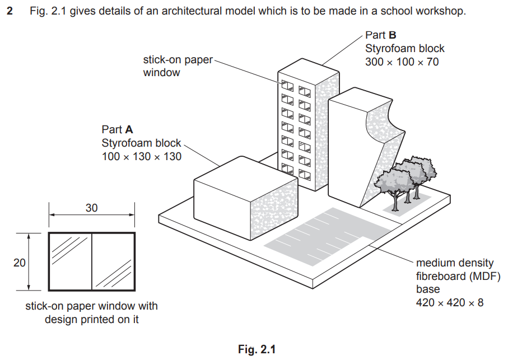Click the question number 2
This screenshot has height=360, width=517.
(10, 11)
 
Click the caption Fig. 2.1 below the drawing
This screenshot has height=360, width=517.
(257, 349)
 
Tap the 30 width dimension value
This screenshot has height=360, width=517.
(91, 208)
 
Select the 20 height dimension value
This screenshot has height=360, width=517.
(20, 262)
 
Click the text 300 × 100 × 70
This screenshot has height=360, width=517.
(402, 62)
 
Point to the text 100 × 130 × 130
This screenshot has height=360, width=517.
(142, 157)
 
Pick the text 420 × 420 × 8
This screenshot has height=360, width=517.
(449, 303)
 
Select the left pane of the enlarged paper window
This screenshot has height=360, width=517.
(70, 261)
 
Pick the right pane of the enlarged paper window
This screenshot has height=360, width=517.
(112, 261)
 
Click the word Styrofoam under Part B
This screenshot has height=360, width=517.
(390, 49)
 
